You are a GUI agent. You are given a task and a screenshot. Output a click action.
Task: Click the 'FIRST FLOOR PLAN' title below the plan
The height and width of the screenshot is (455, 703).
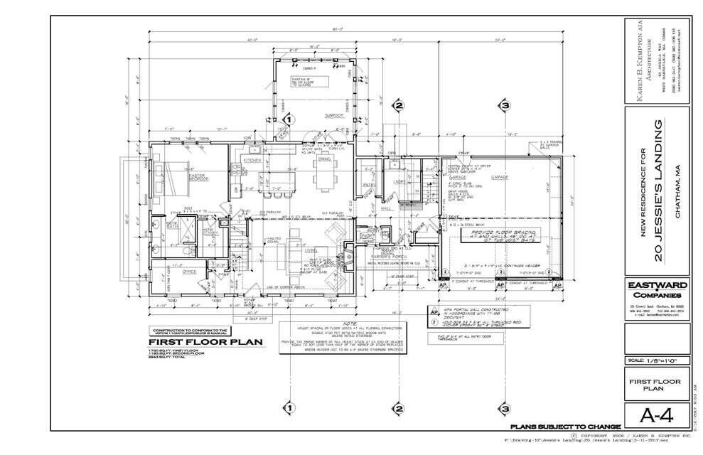[195, 342]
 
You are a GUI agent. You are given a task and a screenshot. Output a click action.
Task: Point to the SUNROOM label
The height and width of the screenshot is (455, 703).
[335, 115]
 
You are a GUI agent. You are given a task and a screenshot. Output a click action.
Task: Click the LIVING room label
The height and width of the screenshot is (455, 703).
[310, 251]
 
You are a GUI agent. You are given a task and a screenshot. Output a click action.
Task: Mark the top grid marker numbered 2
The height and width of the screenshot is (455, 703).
[399, 107]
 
